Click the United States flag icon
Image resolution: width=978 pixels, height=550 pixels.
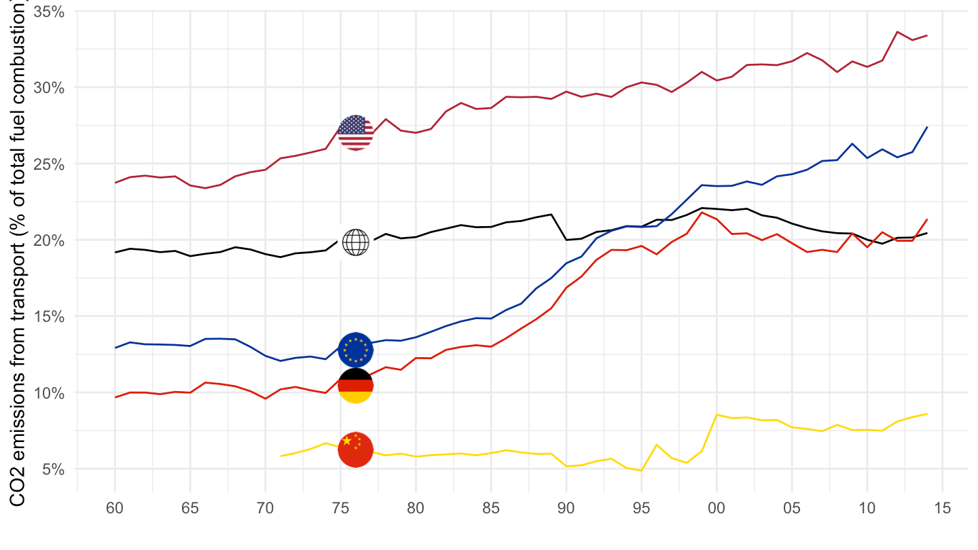coord(355,132)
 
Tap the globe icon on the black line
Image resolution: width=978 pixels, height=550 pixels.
coord(355,242)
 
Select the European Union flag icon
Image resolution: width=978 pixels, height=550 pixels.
coord(355,350)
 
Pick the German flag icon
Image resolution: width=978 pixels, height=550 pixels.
coord(355,386)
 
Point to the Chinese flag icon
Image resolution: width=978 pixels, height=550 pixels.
coord(355,449)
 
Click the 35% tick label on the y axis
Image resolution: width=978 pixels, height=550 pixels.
coord(50,12)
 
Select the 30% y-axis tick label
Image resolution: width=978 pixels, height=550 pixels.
coord(50,88)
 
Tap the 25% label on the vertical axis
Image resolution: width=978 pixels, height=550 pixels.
coord(50,164)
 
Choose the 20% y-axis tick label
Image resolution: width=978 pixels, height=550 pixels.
coord(50,240)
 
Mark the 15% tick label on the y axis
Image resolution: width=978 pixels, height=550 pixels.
coord(50,316)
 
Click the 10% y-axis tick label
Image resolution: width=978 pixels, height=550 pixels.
coord(50,393)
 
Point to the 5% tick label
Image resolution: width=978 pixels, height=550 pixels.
coord(54,469)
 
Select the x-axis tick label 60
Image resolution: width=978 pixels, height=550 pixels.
coord(115,508)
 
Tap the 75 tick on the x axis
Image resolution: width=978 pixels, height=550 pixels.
coord(340,508)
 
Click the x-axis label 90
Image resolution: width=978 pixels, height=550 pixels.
coord(566,508)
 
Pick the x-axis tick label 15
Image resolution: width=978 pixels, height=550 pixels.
coord(941,508)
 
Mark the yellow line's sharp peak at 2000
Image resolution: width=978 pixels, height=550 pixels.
coord(717,414)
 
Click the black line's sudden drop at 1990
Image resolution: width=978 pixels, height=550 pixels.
coord(566,240)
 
